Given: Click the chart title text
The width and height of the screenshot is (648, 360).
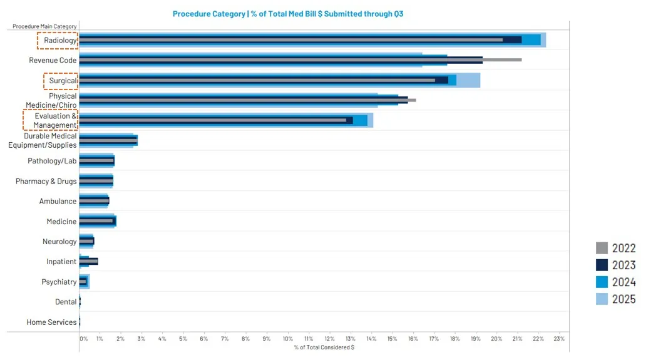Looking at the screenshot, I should tap(288, 14).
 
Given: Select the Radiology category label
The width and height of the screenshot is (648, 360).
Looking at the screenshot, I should tap(60, 41).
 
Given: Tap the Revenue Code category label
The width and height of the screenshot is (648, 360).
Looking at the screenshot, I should tap(53, 61).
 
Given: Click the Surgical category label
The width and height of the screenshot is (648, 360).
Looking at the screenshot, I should tap(63, 81).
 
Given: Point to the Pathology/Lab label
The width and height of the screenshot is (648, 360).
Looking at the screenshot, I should tap(52, 161).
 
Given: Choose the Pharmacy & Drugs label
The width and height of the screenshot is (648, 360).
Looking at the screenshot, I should tap(46, 182).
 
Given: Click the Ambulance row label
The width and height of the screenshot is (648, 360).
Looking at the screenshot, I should tap(58, 202).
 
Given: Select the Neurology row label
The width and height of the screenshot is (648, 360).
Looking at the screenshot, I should tap(59, 242).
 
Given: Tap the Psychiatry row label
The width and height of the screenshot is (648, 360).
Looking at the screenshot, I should tap(59, 282).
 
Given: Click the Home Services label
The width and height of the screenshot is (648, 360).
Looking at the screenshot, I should tap(51, 322).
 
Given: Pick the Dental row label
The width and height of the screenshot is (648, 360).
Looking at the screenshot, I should tap(66, 302).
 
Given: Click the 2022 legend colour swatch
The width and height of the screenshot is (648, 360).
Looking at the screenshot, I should tap(602, 248).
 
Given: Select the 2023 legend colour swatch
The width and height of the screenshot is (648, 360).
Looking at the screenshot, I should tap(602, 265).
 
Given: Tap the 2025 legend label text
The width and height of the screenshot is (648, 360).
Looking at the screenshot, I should tap(624, 299).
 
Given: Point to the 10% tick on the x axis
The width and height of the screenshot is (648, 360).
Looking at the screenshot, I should tap(287, 339).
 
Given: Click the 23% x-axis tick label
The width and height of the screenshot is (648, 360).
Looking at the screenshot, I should tap(558, 339).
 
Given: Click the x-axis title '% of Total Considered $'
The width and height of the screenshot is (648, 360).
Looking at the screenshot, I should tap(324, 347).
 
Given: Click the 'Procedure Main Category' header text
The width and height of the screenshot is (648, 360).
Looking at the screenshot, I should tap(44, 26).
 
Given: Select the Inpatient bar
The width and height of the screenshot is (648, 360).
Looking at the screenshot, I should tap(88, 262).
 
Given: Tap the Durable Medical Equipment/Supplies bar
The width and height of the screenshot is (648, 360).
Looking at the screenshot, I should tap(108, 141).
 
